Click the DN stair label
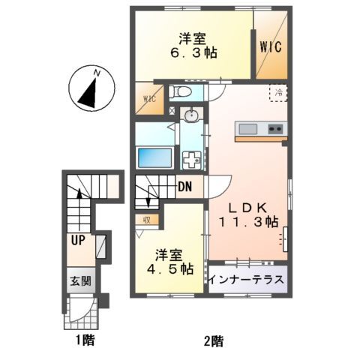[187, 187]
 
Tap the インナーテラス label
[247, 280]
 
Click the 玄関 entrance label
[81, 282]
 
